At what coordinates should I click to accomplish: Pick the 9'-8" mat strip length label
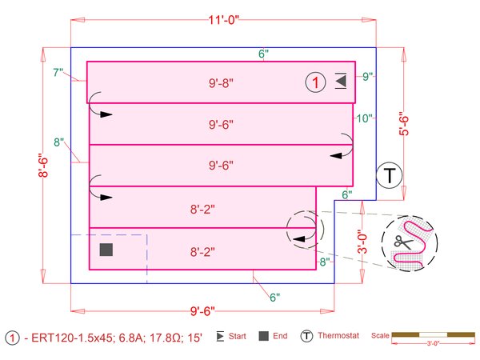tap(221, 82)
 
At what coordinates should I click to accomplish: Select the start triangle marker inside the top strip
tap(341, 81)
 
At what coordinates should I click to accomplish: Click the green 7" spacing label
tap(58, 74)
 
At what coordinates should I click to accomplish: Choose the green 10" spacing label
tap(366, 118)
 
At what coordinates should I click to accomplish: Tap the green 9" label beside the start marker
tap(368, 77)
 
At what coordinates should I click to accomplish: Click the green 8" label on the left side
tap(58, 142)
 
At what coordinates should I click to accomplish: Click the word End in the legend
tap(279, 337)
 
